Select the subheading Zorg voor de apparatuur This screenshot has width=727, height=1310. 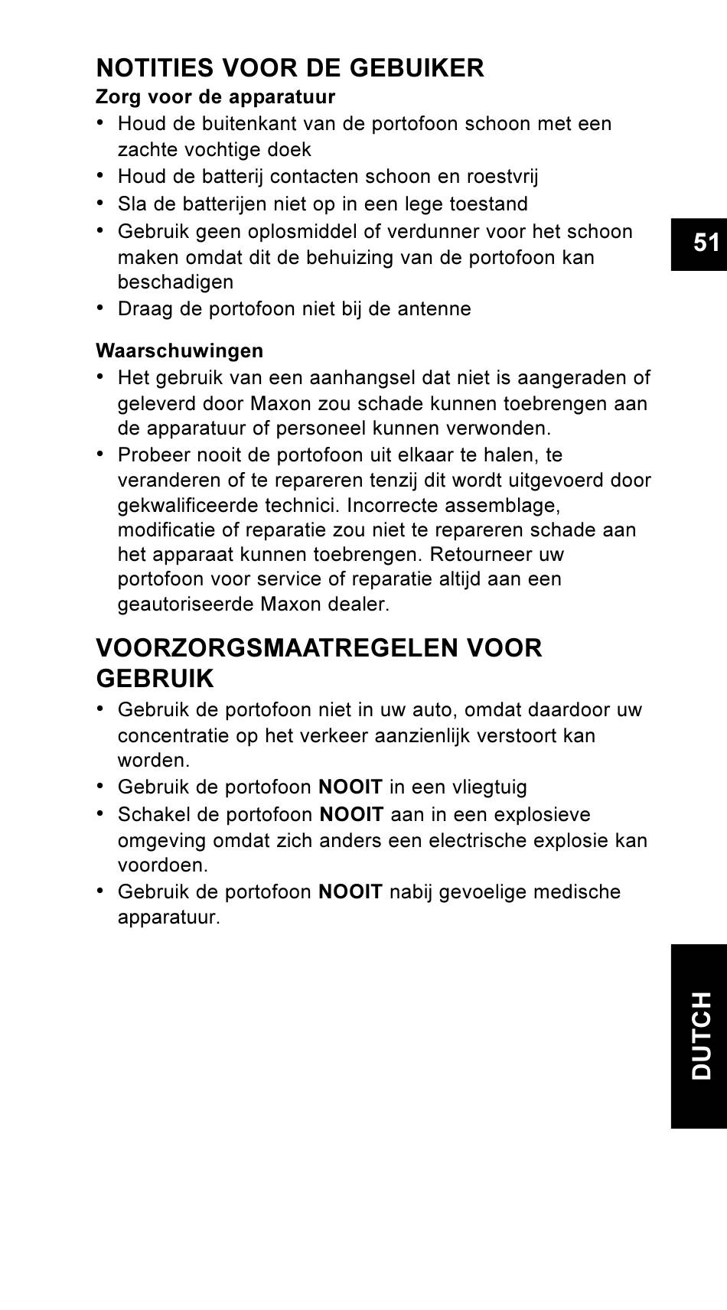point(215,97)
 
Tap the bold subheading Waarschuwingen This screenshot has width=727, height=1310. point(179,350)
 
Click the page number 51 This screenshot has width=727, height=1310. point(706,243)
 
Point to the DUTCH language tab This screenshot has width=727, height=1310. point(700,1035)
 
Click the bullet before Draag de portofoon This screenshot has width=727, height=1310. point(100,308)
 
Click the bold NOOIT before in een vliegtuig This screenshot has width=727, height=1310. point(350,787)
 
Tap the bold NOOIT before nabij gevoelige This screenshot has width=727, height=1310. point(350,891)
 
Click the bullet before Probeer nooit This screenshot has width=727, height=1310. point(100,454)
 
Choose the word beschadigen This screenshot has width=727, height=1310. point(175,282)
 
